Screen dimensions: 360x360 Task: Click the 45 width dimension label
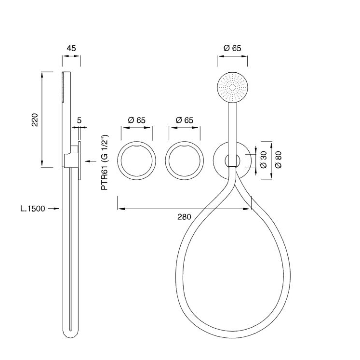tap(71, 48)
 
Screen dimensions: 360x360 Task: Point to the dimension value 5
tap(79, 120)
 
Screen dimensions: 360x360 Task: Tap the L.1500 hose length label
tap(33, 209)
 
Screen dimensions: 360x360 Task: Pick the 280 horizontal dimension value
tap(184, 216)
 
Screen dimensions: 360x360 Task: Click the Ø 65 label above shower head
tap(232, 48)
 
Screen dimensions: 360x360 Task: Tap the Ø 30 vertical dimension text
tap(263, 159)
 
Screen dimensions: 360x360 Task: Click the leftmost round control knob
tap(137, 161)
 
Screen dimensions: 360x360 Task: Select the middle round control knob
tap(184, 161)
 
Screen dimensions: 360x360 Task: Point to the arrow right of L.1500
tap(54, 209)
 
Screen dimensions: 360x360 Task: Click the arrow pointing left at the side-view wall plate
tap(88, 160)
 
